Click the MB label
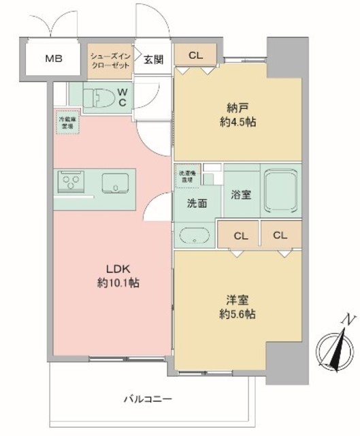click(54, 59)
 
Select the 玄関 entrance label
click(152, 59)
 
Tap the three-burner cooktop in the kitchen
click(70, 183)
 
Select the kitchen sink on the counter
click(115, 183)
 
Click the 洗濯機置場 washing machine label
click(184, 174)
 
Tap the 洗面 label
click(197, 202)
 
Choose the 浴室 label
click(241, 195)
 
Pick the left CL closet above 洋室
click(239, 236)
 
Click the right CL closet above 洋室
click(280, 235)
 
